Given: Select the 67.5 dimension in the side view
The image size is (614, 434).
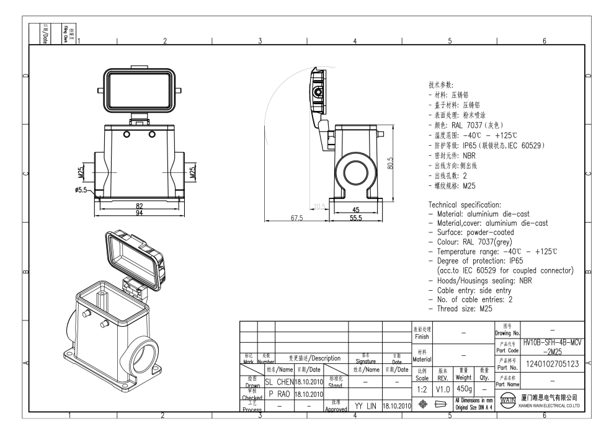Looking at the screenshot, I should [296, 218].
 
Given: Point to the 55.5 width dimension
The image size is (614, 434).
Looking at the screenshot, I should [354, 218].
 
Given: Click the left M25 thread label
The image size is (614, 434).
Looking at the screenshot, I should [82, 170].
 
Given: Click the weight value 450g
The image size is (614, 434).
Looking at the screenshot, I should [465, 387].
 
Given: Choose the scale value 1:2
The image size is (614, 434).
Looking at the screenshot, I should [421, 387].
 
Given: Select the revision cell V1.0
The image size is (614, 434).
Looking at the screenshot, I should [443, 387].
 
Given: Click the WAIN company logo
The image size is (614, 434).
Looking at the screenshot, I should [506, 401].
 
